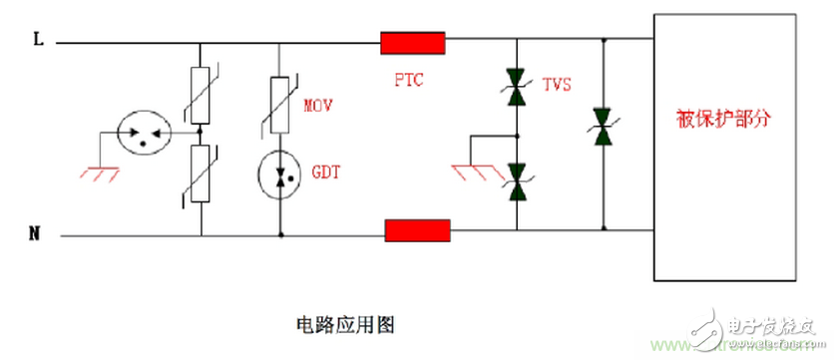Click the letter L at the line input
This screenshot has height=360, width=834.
[x=38, y=41]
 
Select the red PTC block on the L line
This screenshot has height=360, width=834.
[x=412, y=43]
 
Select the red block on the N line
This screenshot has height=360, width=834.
[x=417, y=231]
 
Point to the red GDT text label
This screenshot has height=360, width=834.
[x=325, y=172]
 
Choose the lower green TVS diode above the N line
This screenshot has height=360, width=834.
[x=517, y=180]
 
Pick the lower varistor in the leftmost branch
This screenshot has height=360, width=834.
[x=201, y=174]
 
